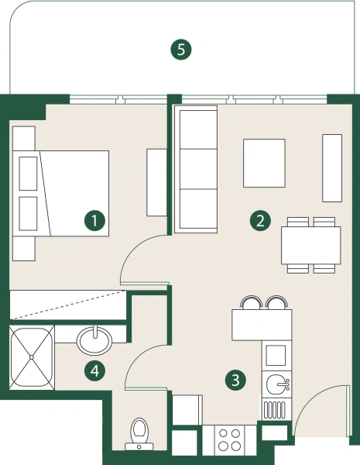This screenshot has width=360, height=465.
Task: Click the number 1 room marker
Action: coord(94,221)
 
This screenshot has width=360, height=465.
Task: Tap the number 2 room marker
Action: coord(260,221)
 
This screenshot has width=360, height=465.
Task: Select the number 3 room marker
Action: coord(235,380)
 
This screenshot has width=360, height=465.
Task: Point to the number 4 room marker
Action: coord(94,370)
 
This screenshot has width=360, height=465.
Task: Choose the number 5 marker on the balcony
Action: coord(181,50)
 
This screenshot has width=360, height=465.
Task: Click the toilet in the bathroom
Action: coord(139,434)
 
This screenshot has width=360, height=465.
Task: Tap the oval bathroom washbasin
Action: coord(94,340)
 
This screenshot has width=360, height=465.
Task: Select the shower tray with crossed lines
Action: coord(32,357)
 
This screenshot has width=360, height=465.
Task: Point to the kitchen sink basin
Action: coord(276,384)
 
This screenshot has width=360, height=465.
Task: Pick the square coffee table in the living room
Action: coord(264,163)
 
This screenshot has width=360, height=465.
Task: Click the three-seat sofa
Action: coord(196,169)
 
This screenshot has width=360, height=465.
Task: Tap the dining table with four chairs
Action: coord(310,245)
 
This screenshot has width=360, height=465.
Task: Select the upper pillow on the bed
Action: coord(28,174)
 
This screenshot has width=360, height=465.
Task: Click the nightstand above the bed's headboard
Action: coord(24,138)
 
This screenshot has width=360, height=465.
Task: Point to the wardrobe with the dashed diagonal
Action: coord(68,305)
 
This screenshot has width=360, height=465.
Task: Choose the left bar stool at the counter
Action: coord(252,302)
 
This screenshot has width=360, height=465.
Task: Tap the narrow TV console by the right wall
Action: coord(332,168)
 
